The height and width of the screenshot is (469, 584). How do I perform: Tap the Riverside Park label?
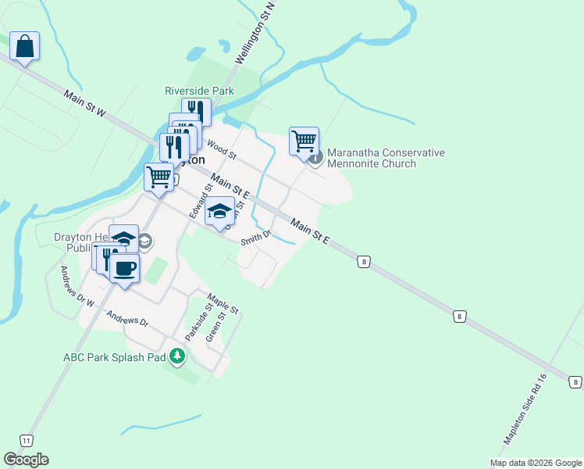click(x=200, y=91)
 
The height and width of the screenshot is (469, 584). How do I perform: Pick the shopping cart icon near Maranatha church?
click(x=304, y=141)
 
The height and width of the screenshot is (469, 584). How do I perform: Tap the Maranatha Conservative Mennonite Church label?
click(x=386, y=158)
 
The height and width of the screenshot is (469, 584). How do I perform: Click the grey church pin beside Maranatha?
click(x=315, y=158)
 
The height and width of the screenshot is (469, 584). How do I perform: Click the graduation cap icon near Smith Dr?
click(x=220, y=210)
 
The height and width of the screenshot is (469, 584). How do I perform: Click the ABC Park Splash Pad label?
click(x=115, y=357)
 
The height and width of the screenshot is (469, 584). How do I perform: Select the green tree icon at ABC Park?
click(x=178, y=357)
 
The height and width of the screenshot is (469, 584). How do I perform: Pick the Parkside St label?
click(x=192, y=321)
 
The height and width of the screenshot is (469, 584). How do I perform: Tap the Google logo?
click(x=26, y=460)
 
